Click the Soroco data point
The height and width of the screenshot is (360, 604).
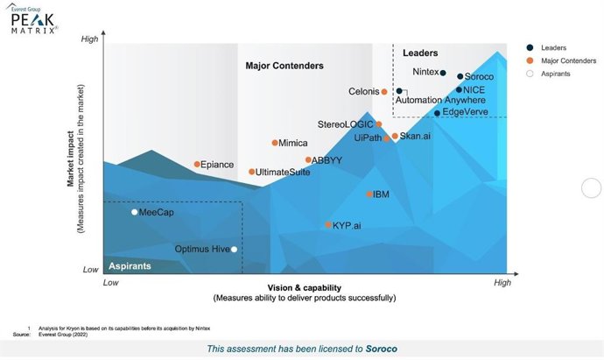point(460,76)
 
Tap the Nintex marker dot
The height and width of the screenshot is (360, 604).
point(443,73)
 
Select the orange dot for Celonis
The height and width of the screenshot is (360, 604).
point(383,91)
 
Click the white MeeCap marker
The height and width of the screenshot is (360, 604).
point(134,212)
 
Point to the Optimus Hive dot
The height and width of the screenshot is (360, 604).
point(234,250)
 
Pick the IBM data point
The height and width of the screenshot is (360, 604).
point(369,194)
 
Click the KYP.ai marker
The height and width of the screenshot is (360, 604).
point(329,225)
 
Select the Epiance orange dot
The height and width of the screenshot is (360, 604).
point(197,165)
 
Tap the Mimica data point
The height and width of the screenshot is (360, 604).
point(274,143)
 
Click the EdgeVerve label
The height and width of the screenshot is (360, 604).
point(467,112)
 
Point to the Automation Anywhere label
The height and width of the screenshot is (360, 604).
point(440,101)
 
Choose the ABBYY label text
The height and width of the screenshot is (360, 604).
point(327,160)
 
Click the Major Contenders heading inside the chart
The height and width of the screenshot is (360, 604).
point(284,66)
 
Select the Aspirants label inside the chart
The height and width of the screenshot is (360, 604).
point(130,265)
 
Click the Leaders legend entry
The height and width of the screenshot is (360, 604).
point(553,47)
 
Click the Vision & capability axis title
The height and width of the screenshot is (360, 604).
point(304,288)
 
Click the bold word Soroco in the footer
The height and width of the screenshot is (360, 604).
point(381,349)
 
